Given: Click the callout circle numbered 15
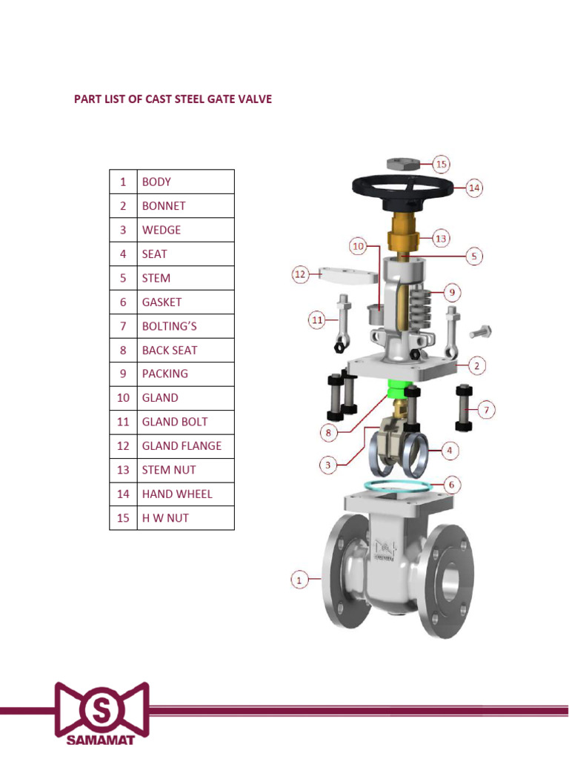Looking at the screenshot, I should point(442,164).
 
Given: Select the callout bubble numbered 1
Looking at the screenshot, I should point(299,580).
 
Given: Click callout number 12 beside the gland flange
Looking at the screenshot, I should point(299,275).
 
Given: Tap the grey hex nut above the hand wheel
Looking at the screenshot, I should point(404,162).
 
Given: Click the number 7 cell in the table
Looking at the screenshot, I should point(123,326).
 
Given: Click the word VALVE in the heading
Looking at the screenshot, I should point(253,99).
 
